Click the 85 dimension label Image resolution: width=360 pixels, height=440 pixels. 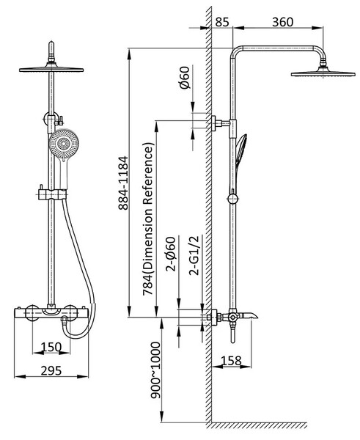coord(222,22)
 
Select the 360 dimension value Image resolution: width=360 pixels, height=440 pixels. coord(282,22)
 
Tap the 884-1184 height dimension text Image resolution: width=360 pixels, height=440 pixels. coord(123,183)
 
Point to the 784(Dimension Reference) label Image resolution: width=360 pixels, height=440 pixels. coord(148,219)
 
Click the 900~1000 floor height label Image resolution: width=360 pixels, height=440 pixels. coord(155,370)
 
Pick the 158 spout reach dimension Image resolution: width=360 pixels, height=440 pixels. coord(231,361)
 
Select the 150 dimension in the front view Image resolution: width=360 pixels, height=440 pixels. coord(51,347)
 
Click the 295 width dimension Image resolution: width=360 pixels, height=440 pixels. coord(51,370)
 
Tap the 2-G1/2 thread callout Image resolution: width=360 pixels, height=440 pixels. coord(194,255)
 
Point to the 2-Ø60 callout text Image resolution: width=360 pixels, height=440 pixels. coord(171,254)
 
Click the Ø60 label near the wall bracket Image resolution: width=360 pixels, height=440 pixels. coord(185,78)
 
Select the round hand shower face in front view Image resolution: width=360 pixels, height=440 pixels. coord(64,144)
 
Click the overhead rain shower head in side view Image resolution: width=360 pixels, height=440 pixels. coord(323,73)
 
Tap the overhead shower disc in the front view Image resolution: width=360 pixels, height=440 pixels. coord(51,69)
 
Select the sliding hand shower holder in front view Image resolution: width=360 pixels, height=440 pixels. coord(51,194)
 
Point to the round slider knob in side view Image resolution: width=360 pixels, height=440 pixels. coord(232,199)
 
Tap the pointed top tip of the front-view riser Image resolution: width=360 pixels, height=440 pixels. coord(51,43)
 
